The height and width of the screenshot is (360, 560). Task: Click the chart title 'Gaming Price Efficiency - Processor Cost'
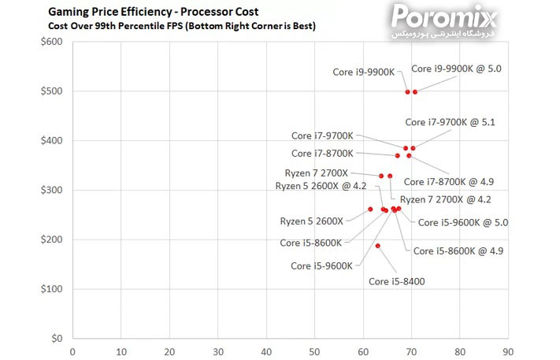click(x=153, y=13)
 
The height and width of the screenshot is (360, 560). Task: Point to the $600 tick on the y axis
click(x=51, y=42)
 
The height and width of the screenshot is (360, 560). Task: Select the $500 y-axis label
click(x=51, y=91)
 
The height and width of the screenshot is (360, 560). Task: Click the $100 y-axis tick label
click(x=51, y=289)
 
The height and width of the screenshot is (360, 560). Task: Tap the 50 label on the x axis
click(x=314, y=351)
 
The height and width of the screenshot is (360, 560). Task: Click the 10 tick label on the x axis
click(x=121, y=351)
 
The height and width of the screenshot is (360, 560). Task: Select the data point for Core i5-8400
click(x=378, y=246)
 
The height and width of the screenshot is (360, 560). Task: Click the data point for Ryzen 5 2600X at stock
click(x=370, y=209)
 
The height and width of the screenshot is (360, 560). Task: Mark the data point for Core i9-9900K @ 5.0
click(x=415, y=92)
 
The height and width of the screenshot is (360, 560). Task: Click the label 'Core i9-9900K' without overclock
click(x=363, y=72)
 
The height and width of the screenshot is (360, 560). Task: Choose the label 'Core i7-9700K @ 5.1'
click(x=450, y=122)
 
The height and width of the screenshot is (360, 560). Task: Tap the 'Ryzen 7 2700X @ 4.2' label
click(x=446, y=199)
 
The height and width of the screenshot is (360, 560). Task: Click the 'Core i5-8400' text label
click(x=397, y=281)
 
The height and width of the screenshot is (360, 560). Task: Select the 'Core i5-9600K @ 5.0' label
click(x=462, y=222)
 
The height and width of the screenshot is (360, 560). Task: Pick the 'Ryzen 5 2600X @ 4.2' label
click(x=321, y=186)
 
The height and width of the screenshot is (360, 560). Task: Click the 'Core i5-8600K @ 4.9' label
click(x=458, y=251)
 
